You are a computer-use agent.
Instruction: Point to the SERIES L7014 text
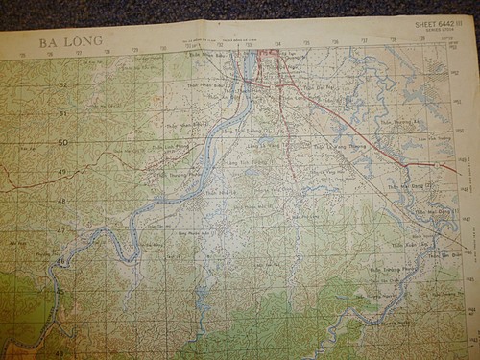click(441, 31)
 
